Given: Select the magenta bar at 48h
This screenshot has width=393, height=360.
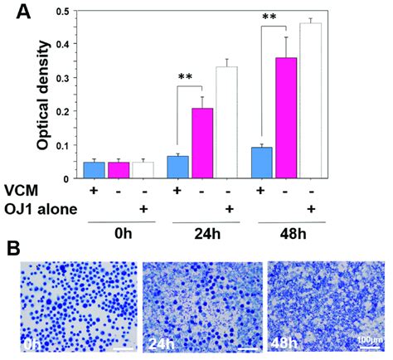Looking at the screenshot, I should [x=286, y=117].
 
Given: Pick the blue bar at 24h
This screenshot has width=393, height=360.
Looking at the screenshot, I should [x=178, y=167].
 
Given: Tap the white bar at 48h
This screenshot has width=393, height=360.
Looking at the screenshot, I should [x=310, y=100].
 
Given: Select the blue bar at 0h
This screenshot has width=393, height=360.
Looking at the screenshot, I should [x=95, y=170].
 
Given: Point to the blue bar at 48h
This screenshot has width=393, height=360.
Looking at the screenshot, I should [x=262, y=163].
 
